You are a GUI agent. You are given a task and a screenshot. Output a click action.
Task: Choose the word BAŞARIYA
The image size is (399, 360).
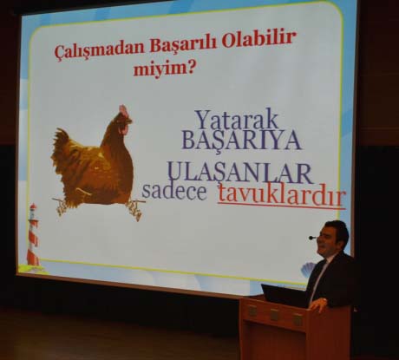[x=242, y=141]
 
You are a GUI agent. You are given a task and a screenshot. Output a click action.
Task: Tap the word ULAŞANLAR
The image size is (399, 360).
[x=240, y=173]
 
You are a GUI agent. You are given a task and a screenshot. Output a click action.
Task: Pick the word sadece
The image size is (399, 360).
[x=174, y=191]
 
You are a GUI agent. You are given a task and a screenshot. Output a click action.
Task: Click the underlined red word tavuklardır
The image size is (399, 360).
[x=282, y=195]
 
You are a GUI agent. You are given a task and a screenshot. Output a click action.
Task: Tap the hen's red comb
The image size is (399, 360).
[x=124, y=109]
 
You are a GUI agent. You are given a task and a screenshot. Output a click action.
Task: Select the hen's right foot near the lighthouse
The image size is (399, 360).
[x=60, y=206]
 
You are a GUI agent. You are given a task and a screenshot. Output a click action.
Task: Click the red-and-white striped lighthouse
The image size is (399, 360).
[x=33, y=236]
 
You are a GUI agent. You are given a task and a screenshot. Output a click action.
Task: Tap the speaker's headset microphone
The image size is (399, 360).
[x=312, y=238]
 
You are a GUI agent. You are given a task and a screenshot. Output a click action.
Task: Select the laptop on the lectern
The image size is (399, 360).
[x=285, y=295]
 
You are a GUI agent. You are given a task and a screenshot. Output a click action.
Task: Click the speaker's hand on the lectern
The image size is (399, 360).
[x=318, y=304]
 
